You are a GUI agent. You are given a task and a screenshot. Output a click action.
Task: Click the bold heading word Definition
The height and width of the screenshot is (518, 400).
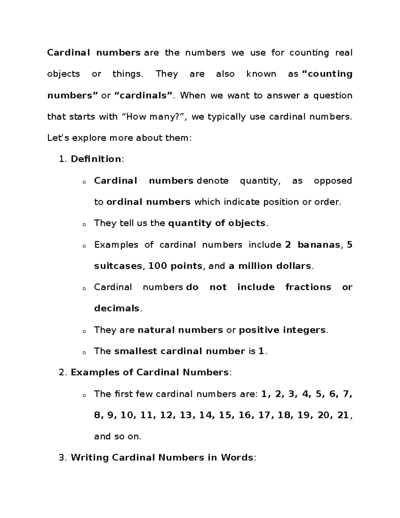(x=96, y=159)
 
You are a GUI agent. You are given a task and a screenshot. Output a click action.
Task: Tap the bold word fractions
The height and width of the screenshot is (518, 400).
(x=308, y=287)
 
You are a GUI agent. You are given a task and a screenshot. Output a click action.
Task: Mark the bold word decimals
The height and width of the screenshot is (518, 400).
(x=117, y=309)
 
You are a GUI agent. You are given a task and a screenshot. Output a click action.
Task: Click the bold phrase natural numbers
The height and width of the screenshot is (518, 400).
(x=180, y=330)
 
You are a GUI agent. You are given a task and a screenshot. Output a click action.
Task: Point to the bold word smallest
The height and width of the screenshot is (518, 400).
(x=135, y=351)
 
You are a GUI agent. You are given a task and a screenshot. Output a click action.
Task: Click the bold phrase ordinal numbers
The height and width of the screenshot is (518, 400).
(x=148, y=202)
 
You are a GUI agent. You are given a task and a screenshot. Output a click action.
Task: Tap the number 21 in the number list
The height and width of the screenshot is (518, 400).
(x=343, y=415)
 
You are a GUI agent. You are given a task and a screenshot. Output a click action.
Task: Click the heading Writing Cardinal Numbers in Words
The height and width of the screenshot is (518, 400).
(x=162, y=458)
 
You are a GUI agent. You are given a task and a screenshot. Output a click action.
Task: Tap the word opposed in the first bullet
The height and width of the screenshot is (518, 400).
(x=333, y=181)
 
